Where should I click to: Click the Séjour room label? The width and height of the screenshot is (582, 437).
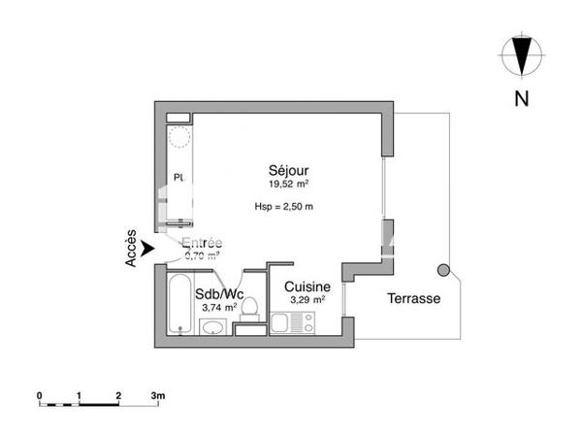[x=289, y=168]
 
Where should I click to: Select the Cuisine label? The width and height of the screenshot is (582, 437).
[x=307, y=287]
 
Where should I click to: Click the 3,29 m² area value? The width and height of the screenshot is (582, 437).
[x=307, y=300]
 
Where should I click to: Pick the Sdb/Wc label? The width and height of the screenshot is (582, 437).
[x=218, y=294]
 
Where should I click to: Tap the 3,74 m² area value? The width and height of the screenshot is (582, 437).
[x=218, y=307]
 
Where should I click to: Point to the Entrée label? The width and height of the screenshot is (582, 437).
[x=202, y=243]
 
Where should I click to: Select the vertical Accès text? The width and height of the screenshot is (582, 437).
[x=130, y=251]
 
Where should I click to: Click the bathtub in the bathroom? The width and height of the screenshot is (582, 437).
[x=179, y=303]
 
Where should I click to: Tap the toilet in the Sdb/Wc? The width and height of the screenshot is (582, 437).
[x=250, y=310]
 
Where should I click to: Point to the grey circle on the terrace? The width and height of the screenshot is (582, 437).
[x=444, y=270]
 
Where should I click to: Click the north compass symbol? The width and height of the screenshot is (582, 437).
[x=522, y=55]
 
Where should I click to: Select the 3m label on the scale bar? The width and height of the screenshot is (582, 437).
[x=157, y=395]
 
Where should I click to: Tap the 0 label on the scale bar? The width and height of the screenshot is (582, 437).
[x=39, y=395]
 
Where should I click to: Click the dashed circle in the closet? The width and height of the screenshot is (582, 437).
[x=179, y=137]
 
